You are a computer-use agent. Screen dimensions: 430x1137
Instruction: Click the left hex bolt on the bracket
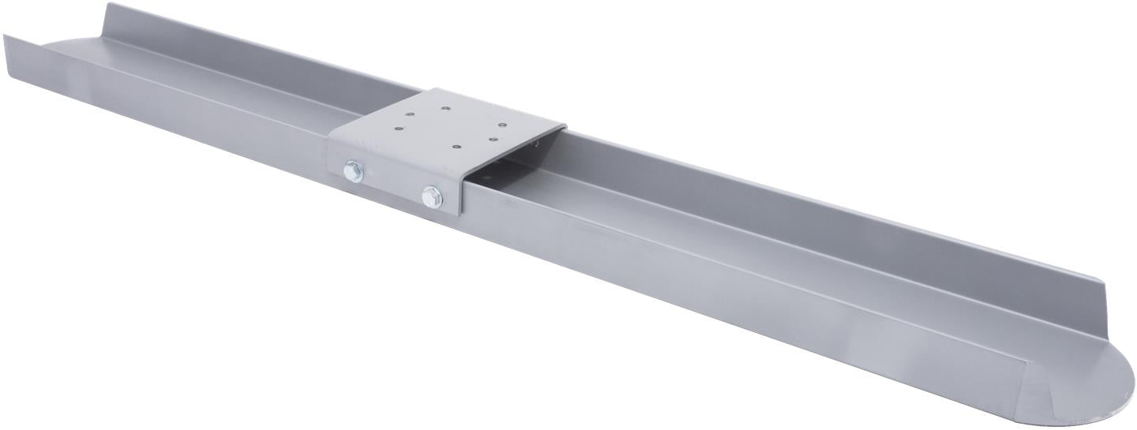(353, 171)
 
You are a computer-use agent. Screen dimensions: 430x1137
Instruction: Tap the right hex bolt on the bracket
(431, 196)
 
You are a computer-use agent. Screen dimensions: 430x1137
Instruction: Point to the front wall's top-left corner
(6, 36)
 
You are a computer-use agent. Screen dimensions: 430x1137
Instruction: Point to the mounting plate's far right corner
(564, 126)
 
